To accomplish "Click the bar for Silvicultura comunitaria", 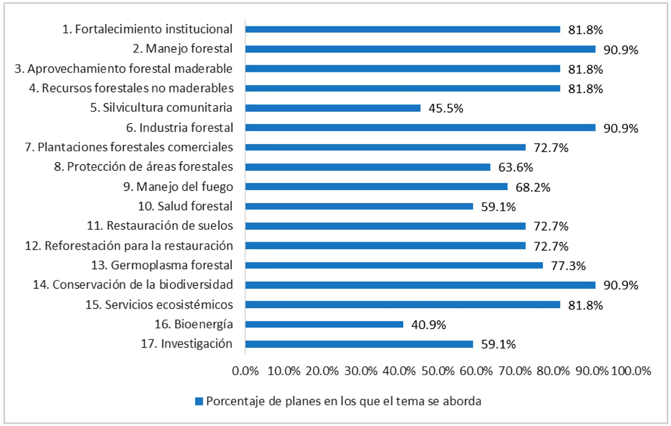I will pyautogui.click(x=333, y=108).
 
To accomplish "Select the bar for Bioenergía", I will pyautogui.click(x=324, y=324).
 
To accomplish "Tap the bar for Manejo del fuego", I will pyautogui.click(x=376, y=187).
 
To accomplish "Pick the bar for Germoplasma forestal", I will pyautogui.click(x=394, y=265).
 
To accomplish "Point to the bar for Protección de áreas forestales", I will pyautogui.click(x=368, y=167).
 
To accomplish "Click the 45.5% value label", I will pyautogui.click(x=446, y=108).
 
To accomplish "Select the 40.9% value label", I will pyautogui.click(x=428, y=325).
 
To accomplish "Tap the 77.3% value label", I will pyautogui.click(x=568, y=266).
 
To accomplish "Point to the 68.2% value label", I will pyautogui.click(x=533, y=187).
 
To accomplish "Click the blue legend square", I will pyautogui.click(x=199, y=401).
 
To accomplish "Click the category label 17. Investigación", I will pyautogui.click(x=186, y=344).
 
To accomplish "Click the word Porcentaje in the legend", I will pyautogui.click(x=236, y=401).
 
